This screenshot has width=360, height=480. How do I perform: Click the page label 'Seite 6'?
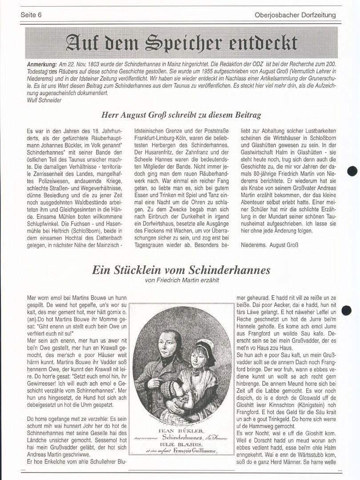(x=31, y=15)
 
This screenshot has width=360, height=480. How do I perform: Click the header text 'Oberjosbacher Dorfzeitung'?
(x=295, y=15)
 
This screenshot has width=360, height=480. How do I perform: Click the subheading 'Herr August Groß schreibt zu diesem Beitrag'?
(x=181, y=115)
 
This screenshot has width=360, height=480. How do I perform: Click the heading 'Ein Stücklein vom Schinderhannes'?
(x=181, y=270)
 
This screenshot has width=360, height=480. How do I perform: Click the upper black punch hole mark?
(x=352, y=171)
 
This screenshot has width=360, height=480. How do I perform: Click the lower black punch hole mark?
(x=347, y=310)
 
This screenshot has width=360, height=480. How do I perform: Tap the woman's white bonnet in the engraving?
(x=206, y=346)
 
